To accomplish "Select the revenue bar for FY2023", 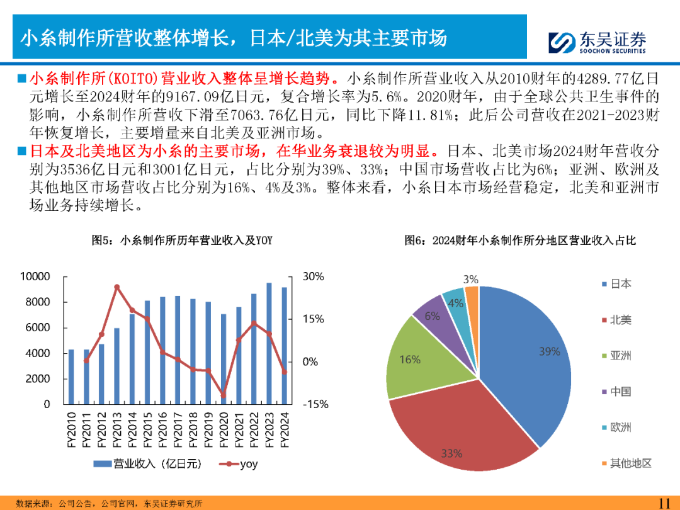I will click(x=269, y=343).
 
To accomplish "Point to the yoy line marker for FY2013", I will click(x=117, y=287).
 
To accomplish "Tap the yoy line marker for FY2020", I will click(x=224, y=395).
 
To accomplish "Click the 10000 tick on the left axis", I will click(x=35, y=276).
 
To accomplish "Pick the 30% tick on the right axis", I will click(x=313, y=276).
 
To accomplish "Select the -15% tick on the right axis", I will click(x=315, y=404).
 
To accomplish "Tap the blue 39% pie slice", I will click(x=529, y=353).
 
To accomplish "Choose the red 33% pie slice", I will click(x=460, y=428).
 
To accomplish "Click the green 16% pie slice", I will click(x=422, y=362).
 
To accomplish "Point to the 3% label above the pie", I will click(x=470, y=279).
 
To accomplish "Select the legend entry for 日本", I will click(x=620, y=284).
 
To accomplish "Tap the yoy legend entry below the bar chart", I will click(x=239, y=464).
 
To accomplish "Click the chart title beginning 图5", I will click(x=182, y=241).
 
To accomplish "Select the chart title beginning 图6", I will click(x=520, y=241).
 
